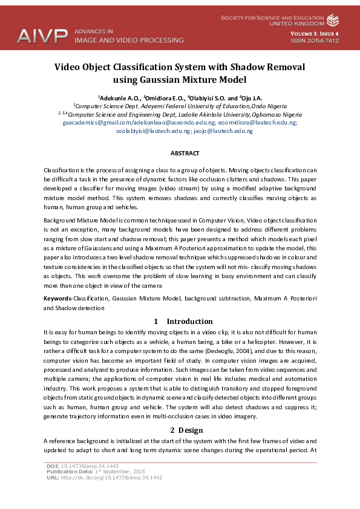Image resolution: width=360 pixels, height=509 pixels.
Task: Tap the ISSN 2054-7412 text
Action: [x=315, y=41]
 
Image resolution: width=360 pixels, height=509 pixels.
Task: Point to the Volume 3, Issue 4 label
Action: [x=315, y=33]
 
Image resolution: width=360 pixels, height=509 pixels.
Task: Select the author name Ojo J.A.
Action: [x=251, y=97]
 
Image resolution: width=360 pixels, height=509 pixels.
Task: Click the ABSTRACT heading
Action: [x=180, y=154]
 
